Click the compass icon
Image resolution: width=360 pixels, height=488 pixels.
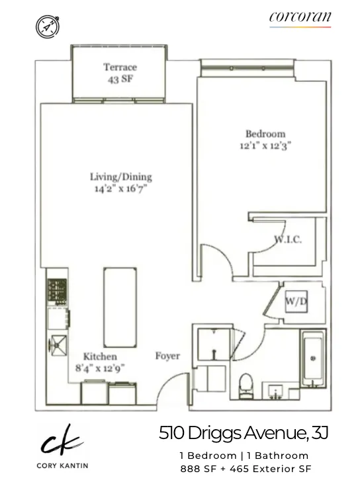click(x=48, y=26)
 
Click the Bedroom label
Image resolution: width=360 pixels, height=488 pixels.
click(x=265, y=134)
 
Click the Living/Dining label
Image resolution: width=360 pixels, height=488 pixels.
click(x=120, y=177)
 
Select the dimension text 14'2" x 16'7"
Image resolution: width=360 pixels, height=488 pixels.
click(x=120, y=188)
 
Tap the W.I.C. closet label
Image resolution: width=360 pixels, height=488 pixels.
click(x=288, y=239)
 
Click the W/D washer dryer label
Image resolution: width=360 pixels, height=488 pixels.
click(x=295, y=302)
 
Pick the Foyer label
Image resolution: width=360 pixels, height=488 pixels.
click(x=167, y=356)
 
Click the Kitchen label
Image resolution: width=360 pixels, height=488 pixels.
click(x=100, y=356)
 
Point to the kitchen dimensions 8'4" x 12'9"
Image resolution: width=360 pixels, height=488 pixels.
click(x=100, y=368)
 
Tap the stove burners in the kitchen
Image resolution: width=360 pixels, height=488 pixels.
click(x=54, y=292)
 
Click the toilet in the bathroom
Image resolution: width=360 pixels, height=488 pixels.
click(x=246, y=384)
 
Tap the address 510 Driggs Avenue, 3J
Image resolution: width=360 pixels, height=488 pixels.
click(x=243, y=434)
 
